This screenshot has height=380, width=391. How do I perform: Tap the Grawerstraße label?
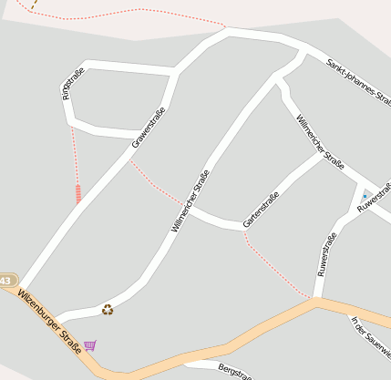(149, 128)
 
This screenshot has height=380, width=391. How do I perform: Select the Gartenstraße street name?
(261, 211)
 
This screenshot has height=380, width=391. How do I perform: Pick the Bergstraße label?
(234, 371)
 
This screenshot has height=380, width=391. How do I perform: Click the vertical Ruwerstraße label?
(325, 254)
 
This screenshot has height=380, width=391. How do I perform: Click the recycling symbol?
(108, 310)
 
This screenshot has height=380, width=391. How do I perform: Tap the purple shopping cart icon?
(89, 345)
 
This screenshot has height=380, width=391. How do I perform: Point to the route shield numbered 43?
(6, 281)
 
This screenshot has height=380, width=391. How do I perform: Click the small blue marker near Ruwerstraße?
(365, 196)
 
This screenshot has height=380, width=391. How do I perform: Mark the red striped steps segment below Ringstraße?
(78, 192)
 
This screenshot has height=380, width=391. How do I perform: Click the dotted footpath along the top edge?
(137, 10)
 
